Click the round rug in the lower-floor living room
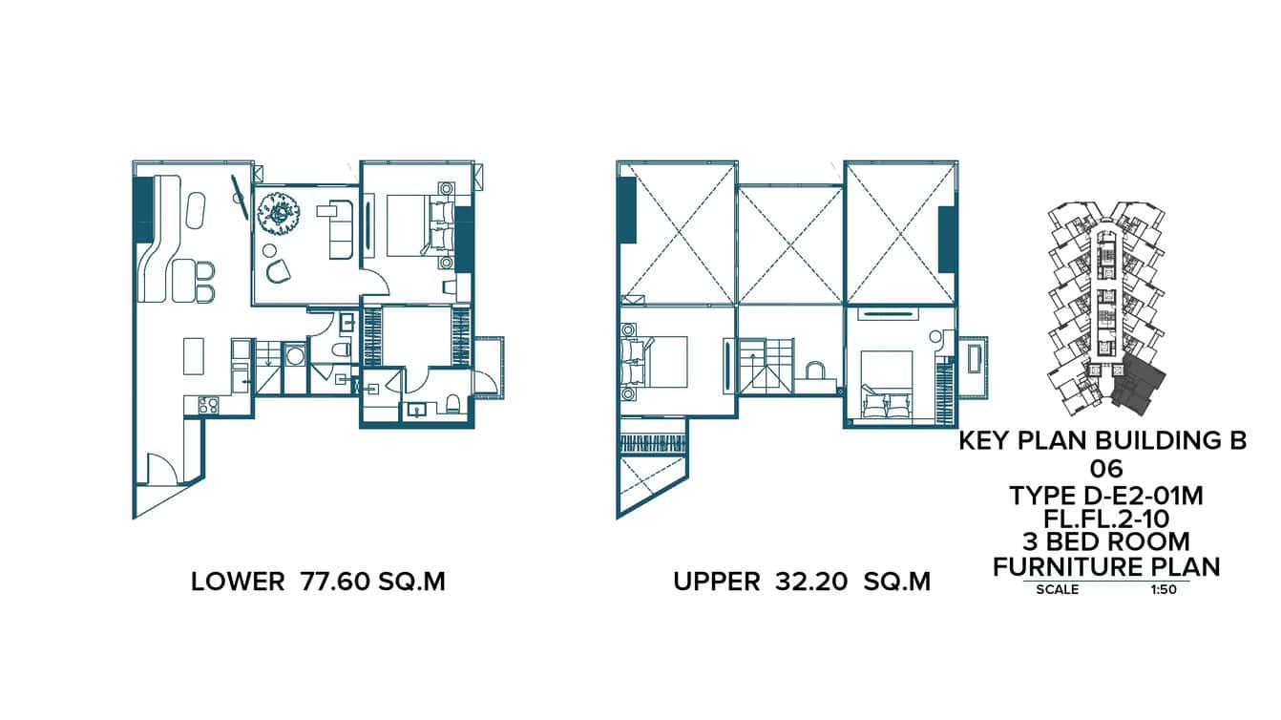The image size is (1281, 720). coord(279,214)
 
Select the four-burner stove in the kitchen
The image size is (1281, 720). coord(208,405)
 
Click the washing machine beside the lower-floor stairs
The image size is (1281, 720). coord(296,357)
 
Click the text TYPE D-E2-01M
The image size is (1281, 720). coord(1106,495)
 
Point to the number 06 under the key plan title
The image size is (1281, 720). coord(1106,469)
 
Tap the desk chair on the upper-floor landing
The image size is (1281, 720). coord(817,371)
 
